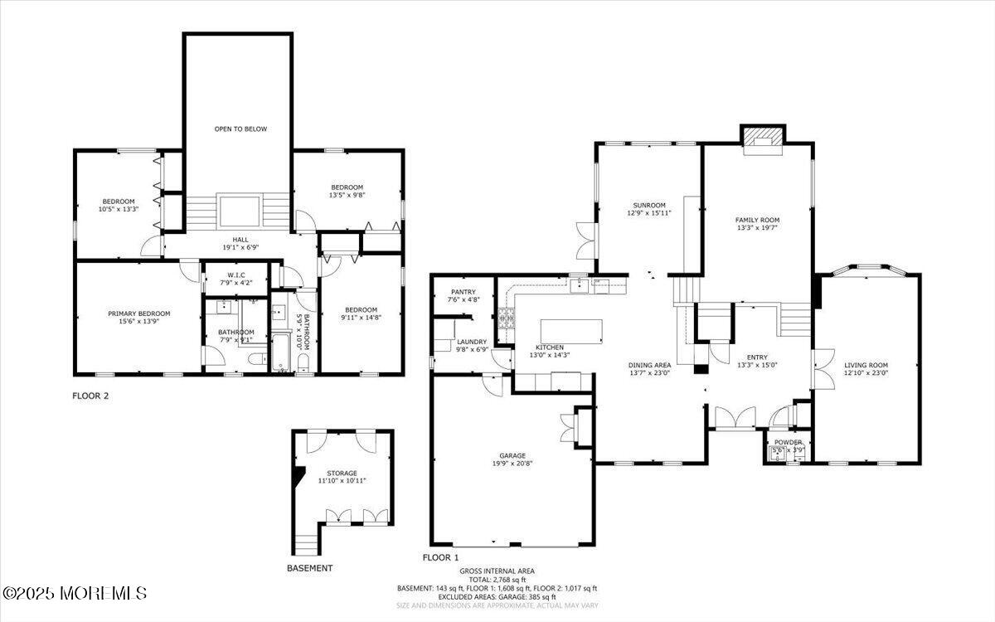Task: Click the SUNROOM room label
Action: coord(648,205)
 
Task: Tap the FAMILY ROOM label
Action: coord(757,220)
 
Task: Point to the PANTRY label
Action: coord(463,292)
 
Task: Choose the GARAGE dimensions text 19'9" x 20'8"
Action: coord(512,464)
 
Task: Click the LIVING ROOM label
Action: coord(866,365)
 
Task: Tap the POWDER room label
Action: coord(788,442)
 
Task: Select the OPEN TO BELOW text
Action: coord(240,129)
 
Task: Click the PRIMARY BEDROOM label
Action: coord(139,313)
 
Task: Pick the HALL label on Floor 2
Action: coord(240,240)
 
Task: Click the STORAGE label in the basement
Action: coord(342,473)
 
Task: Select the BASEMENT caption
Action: coord(309,568)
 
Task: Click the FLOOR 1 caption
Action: coord(440,557)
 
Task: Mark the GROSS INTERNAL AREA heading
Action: coord(497,571)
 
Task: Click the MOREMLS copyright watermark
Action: coord(75,593)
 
